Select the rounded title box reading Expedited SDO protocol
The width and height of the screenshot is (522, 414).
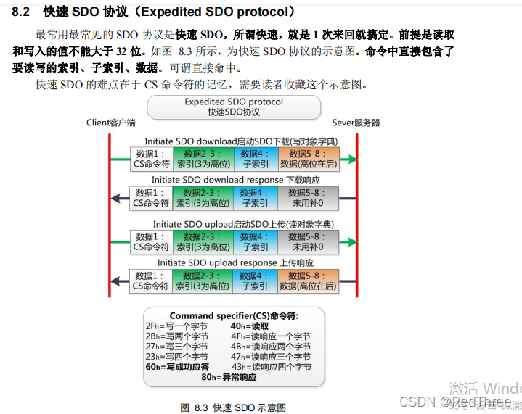233,107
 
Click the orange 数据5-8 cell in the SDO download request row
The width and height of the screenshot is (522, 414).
309,159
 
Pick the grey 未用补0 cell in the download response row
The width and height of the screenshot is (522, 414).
309,198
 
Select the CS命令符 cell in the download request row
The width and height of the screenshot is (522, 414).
151,159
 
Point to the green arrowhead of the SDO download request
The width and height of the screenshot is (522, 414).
351,159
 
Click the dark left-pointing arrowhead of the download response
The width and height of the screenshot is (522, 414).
115,198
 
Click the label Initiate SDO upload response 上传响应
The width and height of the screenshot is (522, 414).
235,262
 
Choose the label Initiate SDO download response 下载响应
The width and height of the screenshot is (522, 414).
235,180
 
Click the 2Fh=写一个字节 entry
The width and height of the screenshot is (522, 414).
176,326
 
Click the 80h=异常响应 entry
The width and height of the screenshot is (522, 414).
229,377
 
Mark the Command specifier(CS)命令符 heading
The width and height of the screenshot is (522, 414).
233,315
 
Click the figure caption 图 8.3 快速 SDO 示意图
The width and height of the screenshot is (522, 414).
233,407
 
